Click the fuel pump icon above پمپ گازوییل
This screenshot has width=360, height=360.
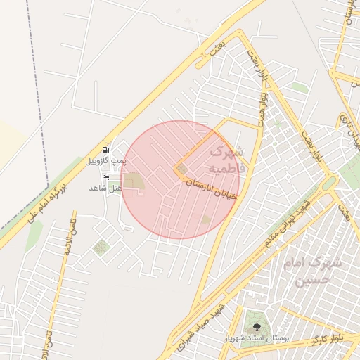(106, 149)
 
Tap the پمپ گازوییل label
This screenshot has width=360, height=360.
(106, 160)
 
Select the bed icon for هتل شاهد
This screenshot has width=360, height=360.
(106, 176)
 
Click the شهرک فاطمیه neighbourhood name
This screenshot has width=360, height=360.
(226, 159)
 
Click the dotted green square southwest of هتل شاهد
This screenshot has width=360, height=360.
(101, 247)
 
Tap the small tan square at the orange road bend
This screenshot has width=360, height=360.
(183, 169)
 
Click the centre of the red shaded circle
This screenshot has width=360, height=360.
(180, 179)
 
